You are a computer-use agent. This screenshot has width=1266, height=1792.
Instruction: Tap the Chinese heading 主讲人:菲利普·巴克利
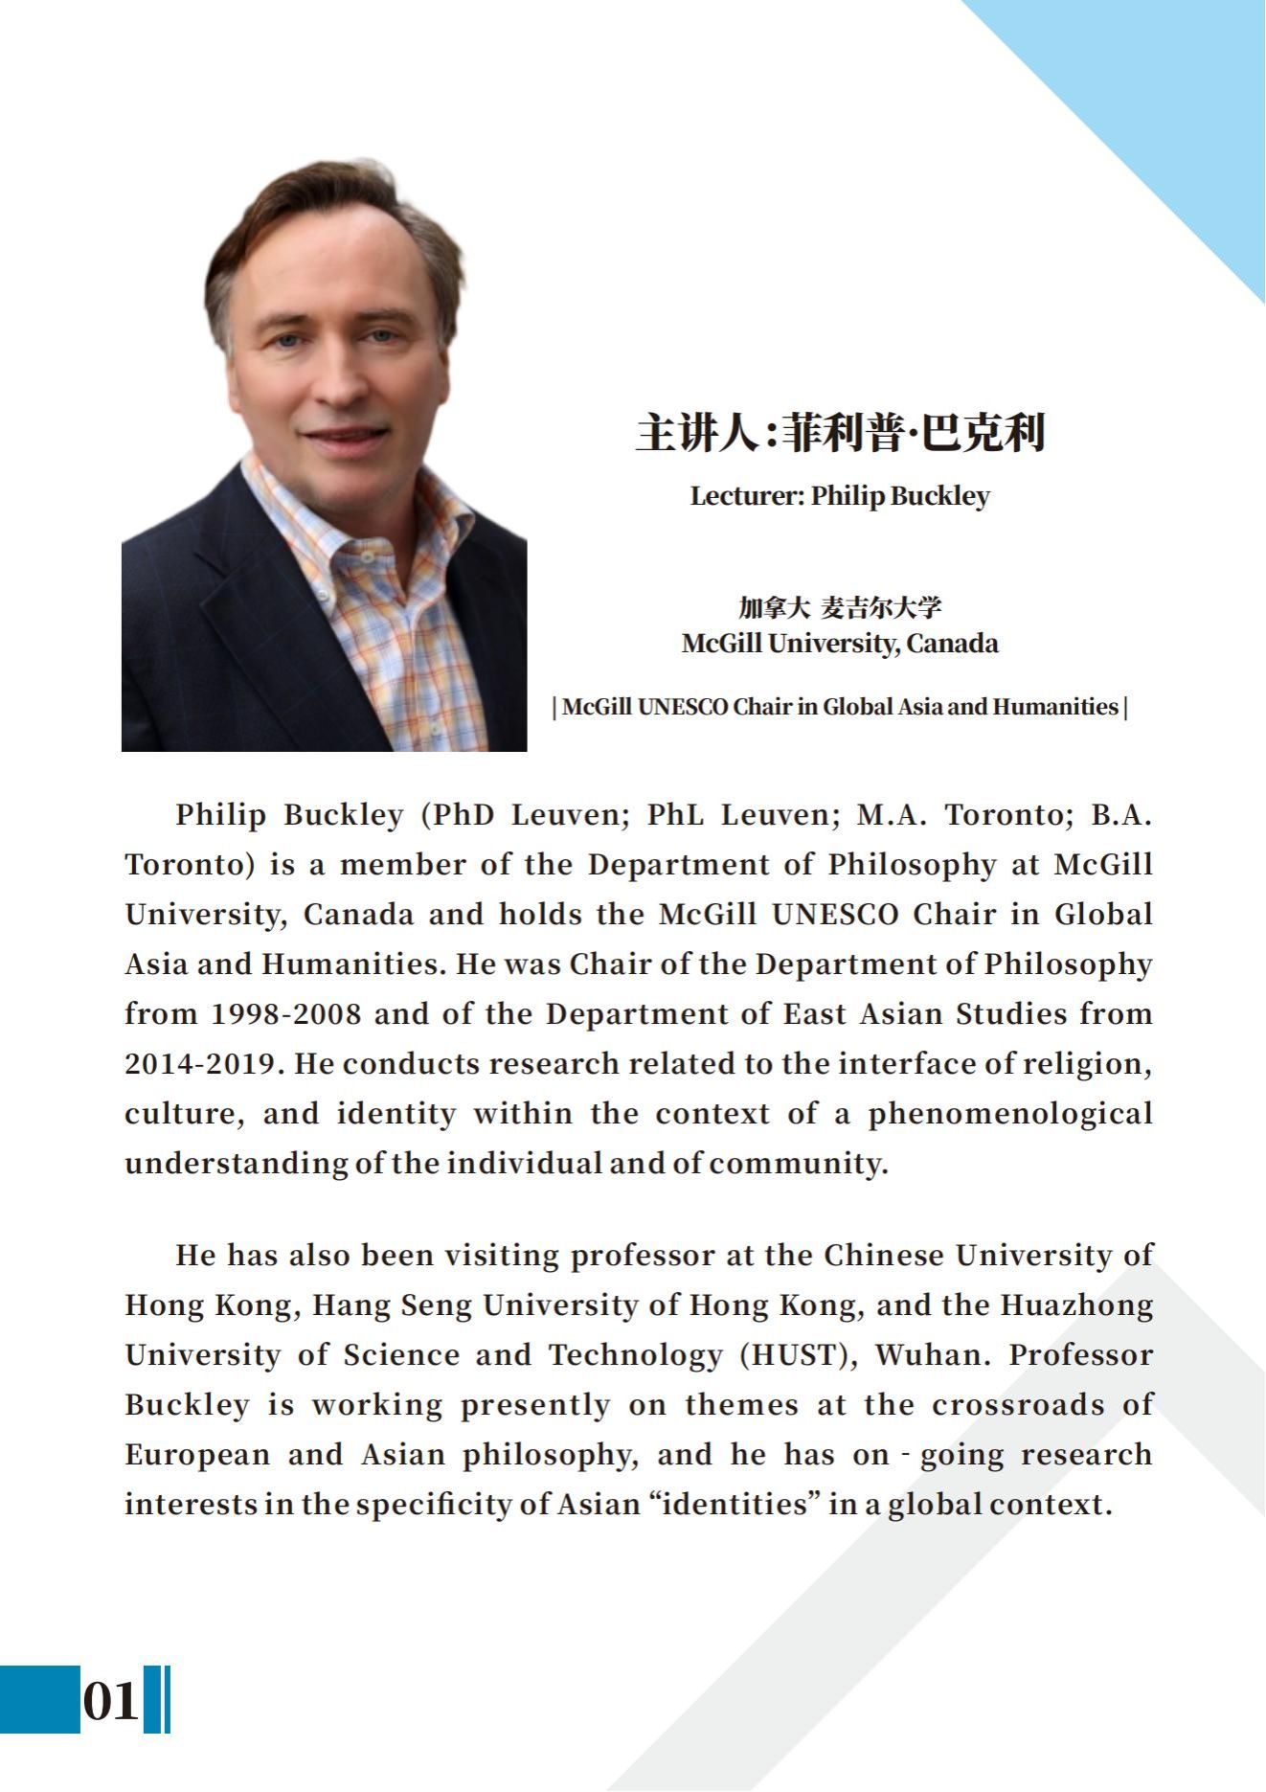point(840,433)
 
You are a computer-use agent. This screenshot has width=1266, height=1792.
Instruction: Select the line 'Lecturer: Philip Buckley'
point(840,496)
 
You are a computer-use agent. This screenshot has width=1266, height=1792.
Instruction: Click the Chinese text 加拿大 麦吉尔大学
point(840,607)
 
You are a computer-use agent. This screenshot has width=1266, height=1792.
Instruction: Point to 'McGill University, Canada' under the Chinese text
point(840,643)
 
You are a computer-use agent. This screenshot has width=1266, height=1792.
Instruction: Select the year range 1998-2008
point(286,1014)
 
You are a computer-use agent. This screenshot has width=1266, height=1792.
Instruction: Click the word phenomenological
point(1010,1114)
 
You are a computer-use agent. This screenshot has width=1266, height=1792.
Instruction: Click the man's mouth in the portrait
point(346,436)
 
